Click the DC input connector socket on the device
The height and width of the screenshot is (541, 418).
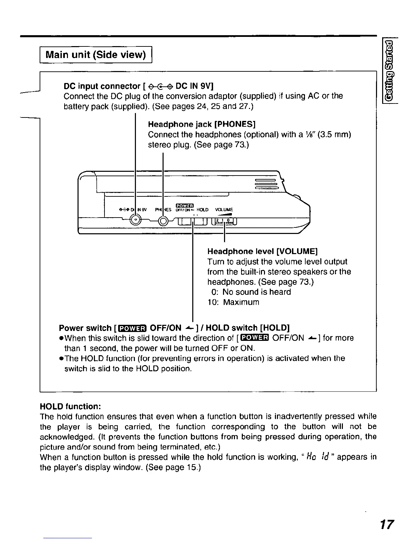[136, 220]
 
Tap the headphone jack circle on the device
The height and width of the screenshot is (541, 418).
[163, 221]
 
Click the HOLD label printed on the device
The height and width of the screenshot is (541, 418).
[203, 210]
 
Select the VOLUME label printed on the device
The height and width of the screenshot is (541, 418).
[224, 210]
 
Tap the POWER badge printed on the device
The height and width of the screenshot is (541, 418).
[184, 205]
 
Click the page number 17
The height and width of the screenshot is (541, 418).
[387, 524]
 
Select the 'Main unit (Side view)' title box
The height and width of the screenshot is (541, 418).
[96, 55]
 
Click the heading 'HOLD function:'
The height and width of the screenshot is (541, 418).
[70, 406]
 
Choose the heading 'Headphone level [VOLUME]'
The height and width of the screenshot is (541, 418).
[262, 252]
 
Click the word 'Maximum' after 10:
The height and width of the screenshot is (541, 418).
[241, 302]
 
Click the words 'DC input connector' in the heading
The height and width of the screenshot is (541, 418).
[102, 86]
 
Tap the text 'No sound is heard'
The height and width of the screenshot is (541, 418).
[256, 292]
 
